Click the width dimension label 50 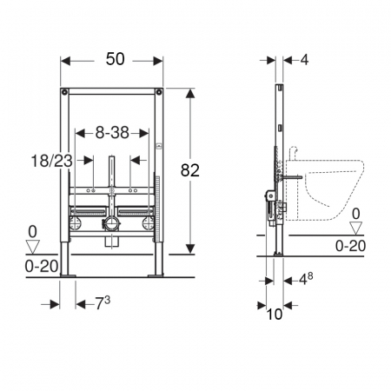(x=116, y=59)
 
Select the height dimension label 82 (x=190, y=170)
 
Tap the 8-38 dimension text (x=112, y=133)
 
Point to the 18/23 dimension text (x=51, y=161)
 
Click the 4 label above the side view (x=304, y=60)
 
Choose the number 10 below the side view (x=274, y=314)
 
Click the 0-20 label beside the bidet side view (x=350, y=246)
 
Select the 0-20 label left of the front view (x=42, y=266)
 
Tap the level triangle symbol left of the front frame (x=33, y=247)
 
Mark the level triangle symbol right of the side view (x=356, y=228)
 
